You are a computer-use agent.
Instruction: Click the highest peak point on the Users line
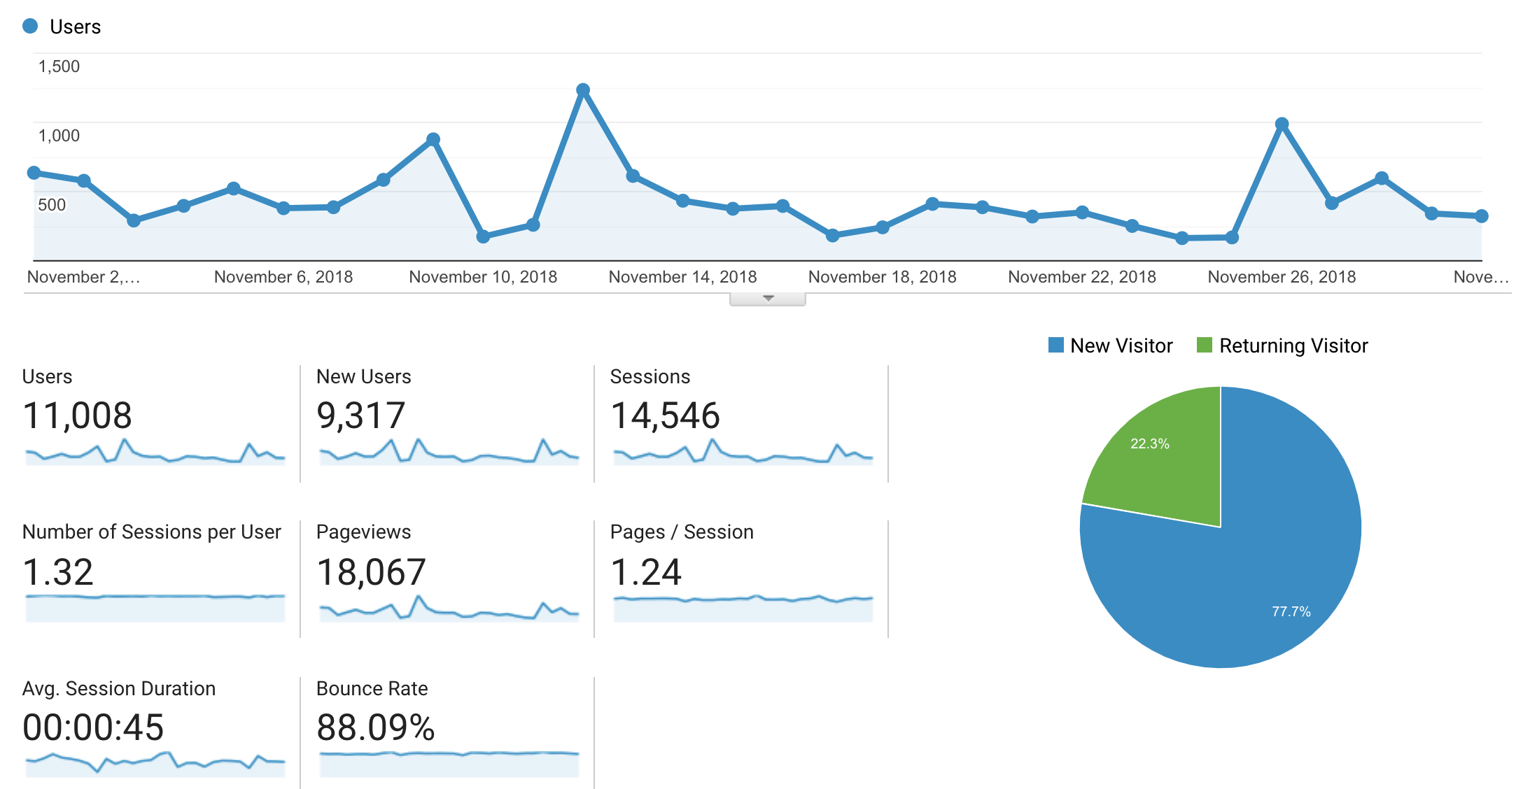coord(583,90)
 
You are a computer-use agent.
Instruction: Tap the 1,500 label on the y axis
coord(59,66)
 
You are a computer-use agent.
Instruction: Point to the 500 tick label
coord(52,205)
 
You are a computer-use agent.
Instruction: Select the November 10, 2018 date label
coord(483,277)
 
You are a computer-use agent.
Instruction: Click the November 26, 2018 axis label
coord(1282,277)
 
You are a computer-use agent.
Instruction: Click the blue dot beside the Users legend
coord(30,27)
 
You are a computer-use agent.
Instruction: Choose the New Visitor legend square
coord(1055,345)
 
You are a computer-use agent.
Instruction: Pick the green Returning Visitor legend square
coord(1204,345)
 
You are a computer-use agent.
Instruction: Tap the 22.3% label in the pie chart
coord(1150,443)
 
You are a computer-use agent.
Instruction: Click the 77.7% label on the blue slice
coord(1291,611)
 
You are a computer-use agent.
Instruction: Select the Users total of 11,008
coord(77,415)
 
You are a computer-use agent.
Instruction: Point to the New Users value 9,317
coord(360,415)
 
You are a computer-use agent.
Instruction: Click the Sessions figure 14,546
coord(665,415)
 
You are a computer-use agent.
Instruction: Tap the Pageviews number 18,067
coord(371,572)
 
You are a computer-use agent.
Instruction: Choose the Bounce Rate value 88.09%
coord(376,727)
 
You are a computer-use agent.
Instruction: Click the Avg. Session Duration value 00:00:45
coord(93,727)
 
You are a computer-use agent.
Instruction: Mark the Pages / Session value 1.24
coord(646,572)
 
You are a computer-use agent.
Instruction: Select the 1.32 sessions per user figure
coord(58,572)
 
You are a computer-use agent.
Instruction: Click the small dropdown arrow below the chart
coord(768,299)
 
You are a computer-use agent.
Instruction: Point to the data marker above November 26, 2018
coord(1282,125)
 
